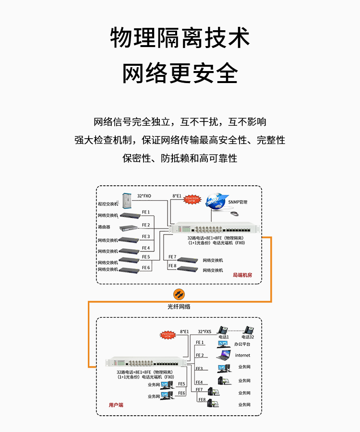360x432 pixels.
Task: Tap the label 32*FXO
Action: (144, 196)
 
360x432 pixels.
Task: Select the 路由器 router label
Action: (104, 227)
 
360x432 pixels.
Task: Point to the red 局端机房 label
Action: (242, 275)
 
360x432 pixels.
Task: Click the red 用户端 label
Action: (116, 405)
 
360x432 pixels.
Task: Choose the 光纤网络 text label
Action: (179, 306)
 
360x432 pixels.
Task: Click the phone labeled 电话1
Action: (223, 330)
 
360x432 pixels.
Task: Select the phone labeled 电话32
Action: (250, 330)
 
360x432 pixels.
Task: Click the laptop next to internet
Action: (223, 356)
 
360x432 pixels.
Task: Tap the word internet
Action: (242, 356)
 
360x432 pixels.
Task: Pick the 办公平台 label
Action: (242, 344)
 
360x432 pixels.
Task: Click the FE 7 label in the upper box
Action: (172, 257)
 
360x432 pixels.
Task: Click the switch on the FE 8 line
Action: (188, 268)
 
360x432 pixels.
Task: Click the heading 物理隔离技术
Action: (180, 38)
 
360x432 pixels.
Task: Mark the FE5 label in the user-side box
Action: (181, 384)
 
